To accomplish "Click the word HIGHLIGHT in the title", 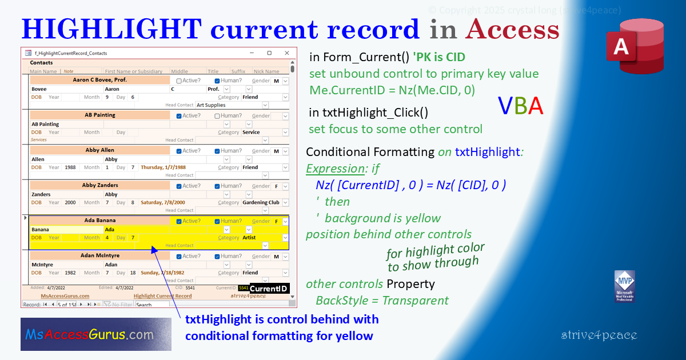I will [x=111, y=29].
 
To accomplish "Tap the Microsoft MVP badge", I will [x=624, y=286].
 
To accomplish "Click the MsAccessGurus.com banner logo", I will [x=95, y=334].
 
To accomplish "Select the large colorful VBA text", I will [x=520, y=106].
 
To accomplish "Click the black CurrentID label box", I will [x=269, y=289].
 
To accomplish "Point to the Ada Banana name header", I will [x=100, y=221].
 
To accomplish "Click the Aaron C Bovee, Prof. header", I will [x=100, y=80].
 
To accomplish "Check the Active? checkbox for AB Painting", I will [x=180, y=115].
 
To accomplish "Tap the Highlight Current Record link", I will [x=162, y=296].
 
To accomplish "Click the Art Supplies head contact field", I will [x=229, y=105].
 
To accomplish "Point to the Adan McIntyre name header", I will [x=100, y=256].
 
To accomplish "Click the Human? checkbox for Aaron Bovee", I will [x=217, y=81].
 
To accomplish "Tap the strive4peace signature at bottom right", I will [x=599, y=335].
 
